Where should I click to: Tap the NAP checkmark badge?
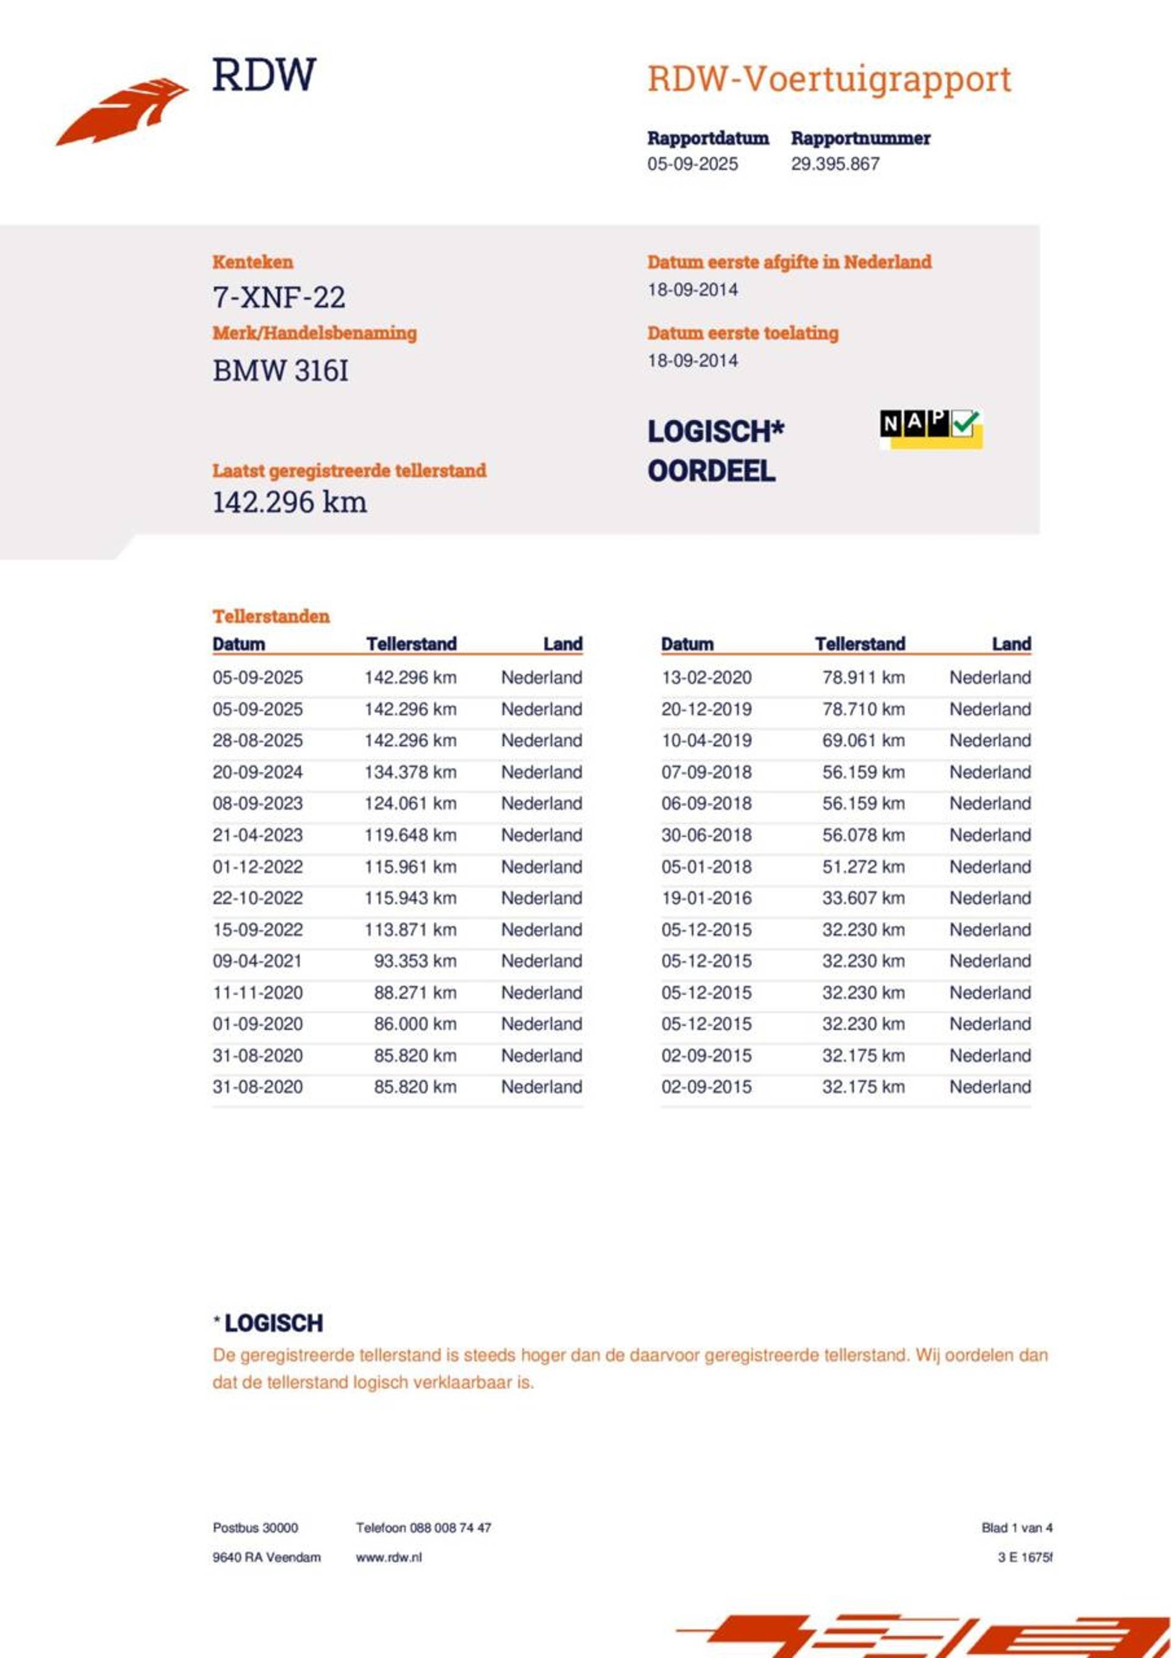coord(931,428)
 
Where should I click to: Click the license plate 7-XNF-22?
coord(279,298)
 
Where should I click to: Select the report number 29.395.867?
coord(834,164)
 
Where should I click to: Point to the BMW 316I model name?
coord(281,371)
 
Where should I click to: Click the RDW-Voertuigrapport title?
coord(829,79)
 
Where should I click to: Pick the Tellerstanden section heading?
coord(271,616)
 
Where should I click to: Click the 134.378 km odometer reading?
coord(410,772)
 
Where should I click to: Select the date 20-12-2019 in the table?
coord(706,709)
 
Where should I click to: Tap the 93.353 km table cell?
coord(415,961)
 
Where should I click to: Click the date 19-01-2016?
coord(706,898)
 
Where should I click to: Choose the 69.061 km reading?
coord(862,741)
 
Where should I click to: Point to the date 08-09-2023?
coord(257,804)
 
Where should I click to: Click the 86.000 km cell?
coord(415,1024)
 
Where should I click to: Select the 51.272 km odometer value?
coord(862,867)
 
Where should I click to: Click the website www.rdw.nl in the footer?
coord(388,1557)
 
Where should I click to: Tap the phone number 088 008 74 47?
coord(450,1528)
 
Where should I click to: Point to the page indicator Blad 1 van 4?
coord(1015,1528)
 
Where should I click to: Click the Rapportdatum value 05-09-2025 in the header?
coord(692,164)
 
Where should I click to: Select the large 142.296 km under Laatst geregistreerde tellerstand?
coord(289,502)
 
